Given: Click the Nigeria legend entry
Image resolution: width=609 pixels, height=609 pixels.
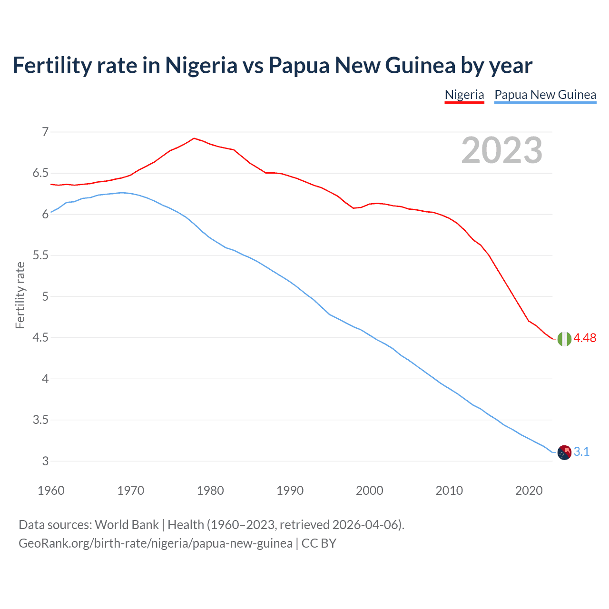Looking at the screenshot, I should tap(464, 95).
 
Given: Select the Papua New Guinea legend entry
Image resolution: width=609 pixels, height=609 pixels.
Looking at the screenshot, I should tap(545, 95).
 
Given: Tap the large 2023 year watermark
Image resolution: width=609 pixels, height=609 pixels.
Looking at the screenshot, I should tap(501, 150).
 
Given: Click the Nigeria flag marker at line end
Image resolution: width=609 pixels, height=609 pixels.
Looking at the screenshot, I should tap(564, 339).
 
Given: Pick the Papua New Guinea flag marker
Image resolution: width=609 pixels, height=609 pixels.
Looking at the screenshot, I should tap(564, 452).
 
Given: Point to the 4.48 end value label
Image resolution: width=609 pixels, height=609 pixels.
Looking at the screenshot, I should tap(585, 338).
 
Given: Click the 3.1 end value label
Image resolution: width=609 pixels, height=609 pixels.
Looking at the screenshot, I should tap(581, 452).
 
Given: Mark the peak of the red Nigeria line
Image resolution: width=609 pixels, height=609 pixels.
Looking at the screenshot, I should tap(194, 138).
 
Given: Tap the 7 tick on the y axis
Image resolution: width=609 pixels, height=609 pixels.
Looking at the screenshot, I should tap(45, 132).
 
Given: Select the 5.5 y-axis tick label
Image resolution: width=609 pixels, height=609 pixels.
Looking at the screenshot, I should tap(40, 255).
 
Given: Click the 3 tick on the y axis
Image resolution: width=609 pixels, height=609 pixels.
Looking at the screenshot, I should tap(45, 461).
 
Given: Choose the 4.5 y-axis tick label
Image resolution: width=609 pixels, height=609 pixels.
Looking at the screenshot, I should tap(40, 338).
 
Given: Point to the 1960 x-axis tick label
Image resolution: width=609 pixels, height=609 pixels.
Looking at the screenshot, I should tap(51, 491).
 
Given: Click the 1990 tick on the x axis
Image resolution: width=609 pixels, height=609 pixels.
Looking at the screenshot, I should tap(290, 491).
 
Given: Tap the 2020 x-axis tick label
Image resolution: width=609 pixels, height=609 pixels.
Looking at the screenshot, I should tap(529, 491).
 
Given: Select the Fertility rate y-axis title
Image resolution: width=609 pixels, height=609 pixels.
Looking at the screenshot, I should tap(20, 295).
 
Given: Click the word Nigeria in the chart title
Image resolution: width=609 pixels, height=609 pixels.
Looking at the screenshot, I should tap(201, 65).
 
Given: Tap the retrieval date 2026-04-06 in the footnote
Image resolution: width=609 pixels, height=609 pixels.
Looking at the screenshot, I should tap(365, 525).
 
